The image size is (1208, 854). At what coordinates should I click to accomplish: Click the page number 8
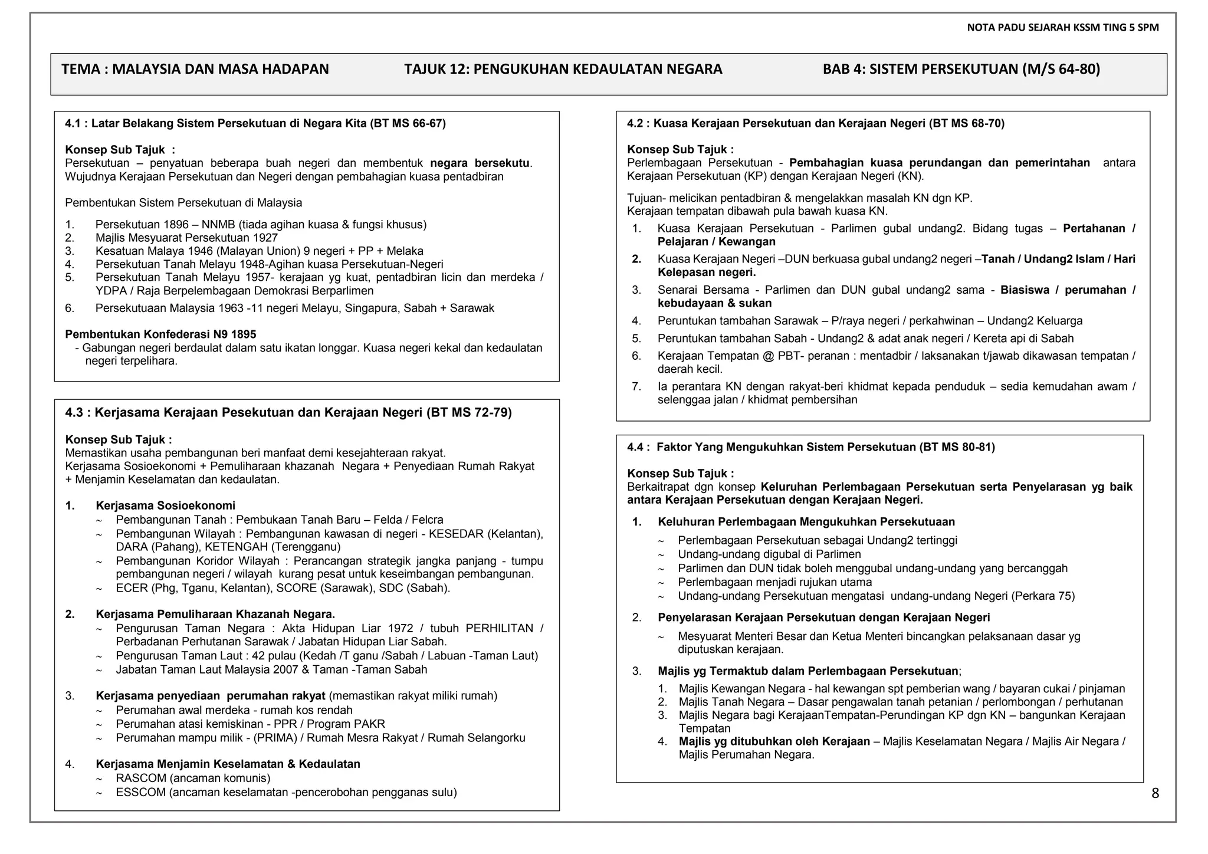click(1155, 794)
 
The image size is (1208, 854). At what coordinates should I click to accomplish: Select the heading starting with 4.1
click(255, 123)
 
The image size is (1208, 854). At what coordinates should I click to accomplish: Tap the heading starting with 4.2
click(815, 123)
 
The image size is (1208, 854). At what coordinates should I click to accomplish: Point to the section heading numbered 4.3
click(288, 412)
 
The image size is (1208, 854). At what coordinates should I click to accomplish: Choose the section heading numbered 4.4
click(810, 447)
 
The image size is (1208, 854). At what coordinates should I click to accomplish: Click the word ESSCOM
click(141, 792)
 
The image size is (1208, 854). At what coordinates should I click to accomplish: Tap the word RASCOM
click(141, 778)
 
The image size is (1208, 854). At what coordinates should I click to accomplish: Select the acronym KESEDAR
click(457, 534)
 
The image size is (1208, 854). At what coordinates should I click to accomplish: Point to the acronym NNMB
click(218, 225)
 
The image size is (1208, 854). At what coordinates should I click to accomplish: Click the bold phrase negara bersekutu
click(480, 163)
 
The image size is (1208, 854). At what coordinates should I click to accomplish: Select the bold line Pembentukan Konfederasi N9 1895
click(160, 334)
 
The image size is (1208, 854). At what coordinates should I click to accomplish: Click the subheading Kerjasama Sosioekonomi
click(165, 505)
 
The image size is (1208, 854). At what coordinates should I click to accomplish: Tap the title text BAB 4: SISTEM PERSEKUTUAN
click(961, 70)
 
